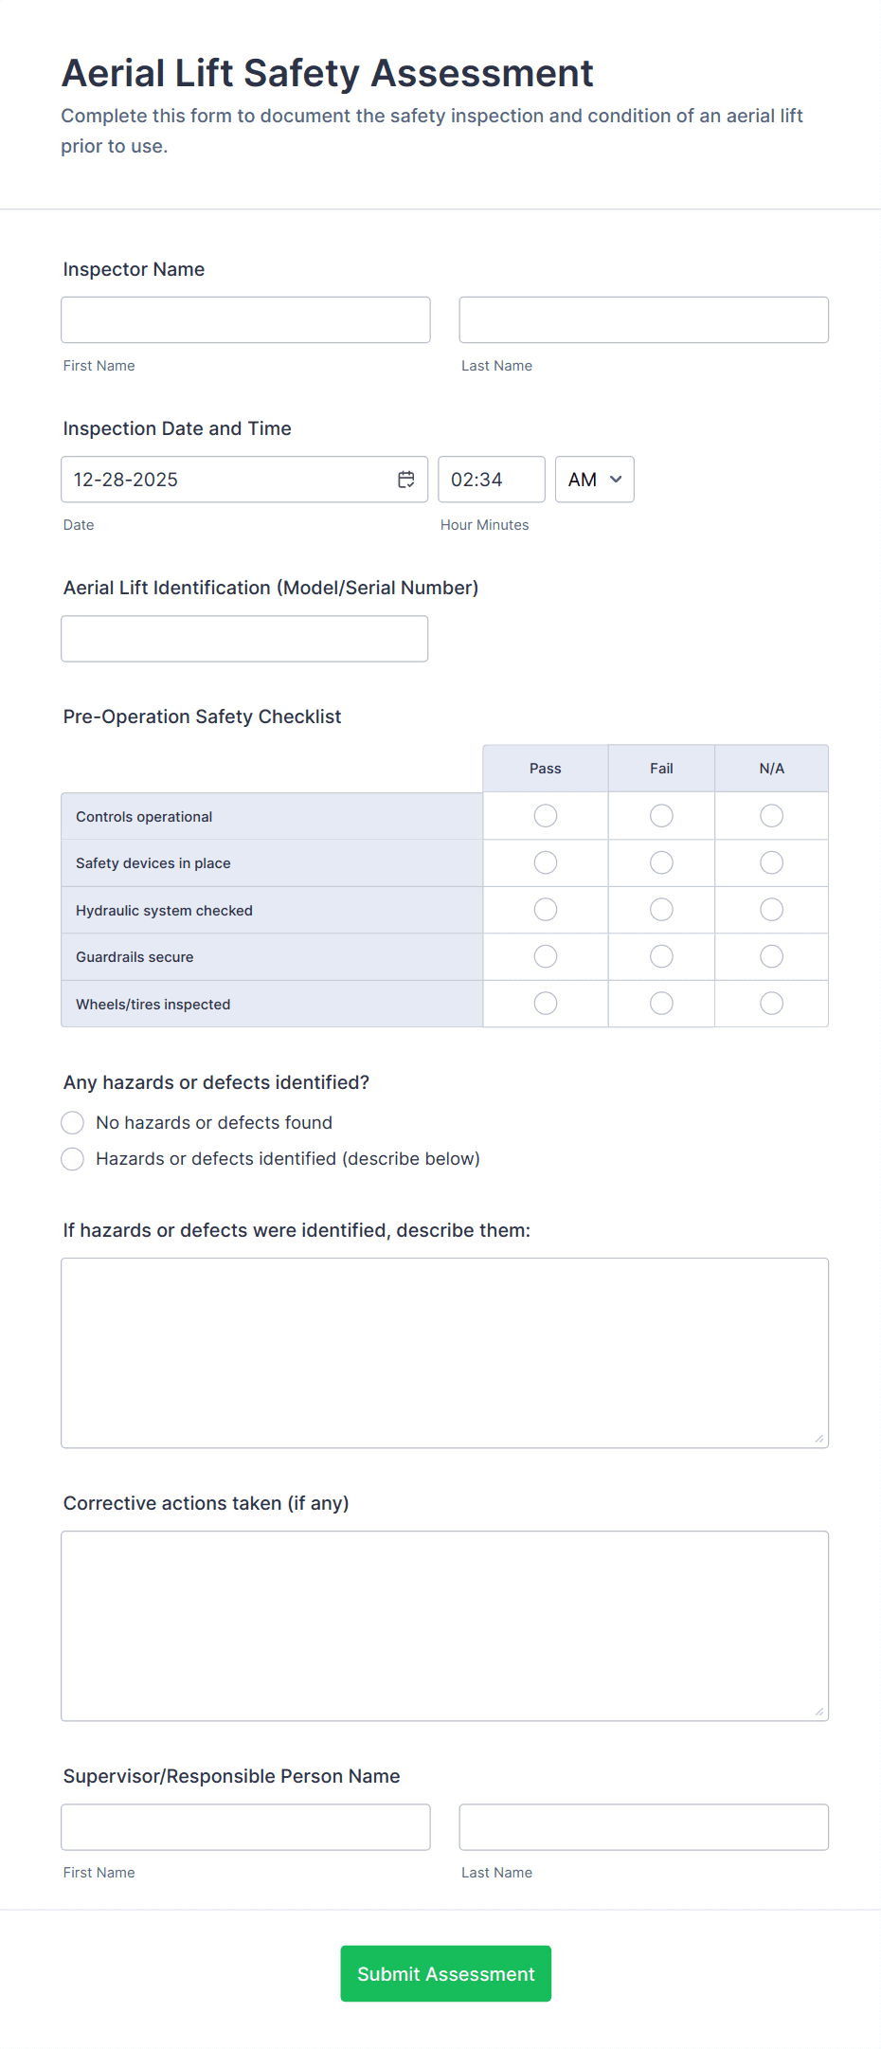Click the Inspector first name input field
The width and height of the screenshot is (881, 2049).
pos(245,320)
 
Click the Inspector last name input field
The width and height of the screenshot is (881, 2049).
pos(643,320)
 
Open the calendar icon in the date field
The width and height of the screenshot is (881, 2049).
pos(406,480)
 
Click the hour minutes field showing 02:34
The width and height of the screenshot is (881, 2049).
pos(491,480)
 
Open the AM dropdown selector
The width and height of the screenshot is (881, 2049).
pos(594,480)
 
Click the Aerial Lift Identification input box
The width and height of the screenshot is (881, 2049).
pos(244,639)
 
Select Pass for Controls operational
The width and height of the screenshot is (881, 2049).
pos(546,816)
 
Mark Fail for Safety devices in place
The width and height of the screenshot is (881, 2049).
pos(661,862)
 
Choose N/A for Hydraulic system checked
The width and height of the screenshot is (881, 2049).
pos(772,910)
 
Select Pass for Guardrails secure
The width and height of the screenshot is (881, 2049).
pos(546,956)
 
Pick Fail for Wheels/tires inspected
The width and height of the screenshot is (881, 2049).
pos(661,1004)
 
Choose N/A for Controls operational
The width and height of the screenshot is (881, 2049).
pos(772,816)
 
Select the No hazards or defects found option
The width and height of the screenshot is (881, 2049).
pos(73,1123)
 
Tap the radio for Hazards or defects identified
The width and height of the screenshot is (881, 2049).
pos(73,1159)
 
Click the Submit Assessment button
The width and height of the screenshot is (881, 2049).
pos(445,1974)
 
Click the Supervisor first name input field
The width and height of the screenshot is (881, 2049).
pos(245,1827)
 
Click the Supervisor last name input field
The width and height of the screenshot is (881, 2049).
pos(643,1827)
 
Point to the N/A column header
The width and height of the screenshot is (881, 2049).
pos(772,769)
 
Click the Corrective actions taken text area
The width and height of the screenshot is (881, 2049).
pos(444,1625)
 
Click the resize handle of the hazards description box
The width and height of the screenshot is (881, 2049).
pos(819,1439)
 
